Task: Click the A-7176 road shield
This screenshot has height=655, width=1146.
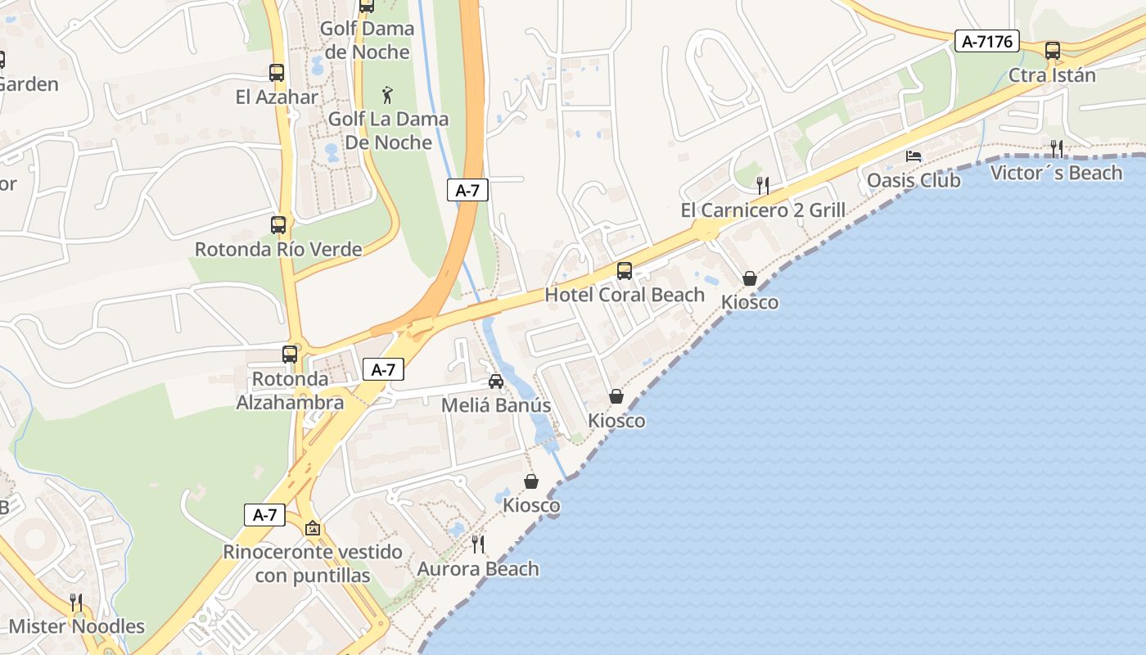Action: click(986, 41)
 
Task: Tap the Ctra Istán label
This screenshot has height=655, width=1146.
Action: click(1052, 75)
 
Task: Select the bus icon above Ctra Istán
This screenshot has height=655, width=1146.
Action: click(1053, 51)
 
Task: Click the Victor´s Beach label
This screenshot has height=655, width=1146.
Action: click(1056, 173)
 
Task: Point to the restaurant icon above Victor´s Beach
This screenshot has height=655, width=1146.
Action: click(1057, 148)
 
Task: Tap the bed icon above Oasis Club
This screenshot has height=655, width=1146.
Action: click(914, 156)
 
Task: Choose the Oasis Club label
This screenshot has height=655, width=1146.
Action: click(914, 180)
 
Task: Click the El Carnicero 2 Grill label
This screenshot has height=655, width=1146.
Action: click(763, 210)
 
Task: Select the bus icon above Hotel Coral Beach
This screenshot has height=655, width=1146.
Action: click(625, 270)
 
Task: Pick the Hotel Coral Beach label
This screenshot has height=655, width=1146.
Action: click(625, 295)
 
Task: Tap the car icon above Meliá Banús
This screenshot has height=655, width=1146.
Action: click(496, 381)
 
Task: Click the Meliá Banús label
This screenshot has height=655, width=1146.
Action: click(496, 405)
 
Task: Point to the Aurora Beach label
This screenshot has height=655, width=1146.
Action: click(478, 569)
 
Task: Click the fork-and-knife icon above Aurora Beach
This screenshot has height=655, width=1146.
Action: click(478, 544)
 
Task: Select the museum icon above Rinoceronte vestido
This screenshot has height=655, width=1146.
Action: click(312, 528)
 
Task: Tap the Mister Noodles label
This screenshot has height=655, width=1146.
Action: click(76, 627)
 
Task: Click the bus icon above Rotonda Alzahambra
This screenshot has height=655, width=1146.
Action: click(290, 354)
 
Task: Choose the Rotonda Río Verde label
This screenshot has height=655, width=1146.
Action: click(278, 249)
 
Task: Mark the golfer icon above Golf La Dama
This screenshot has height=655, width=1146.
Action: click(388, 95)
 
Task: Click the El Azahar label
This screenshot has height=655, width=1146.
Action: click(277, 97)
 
